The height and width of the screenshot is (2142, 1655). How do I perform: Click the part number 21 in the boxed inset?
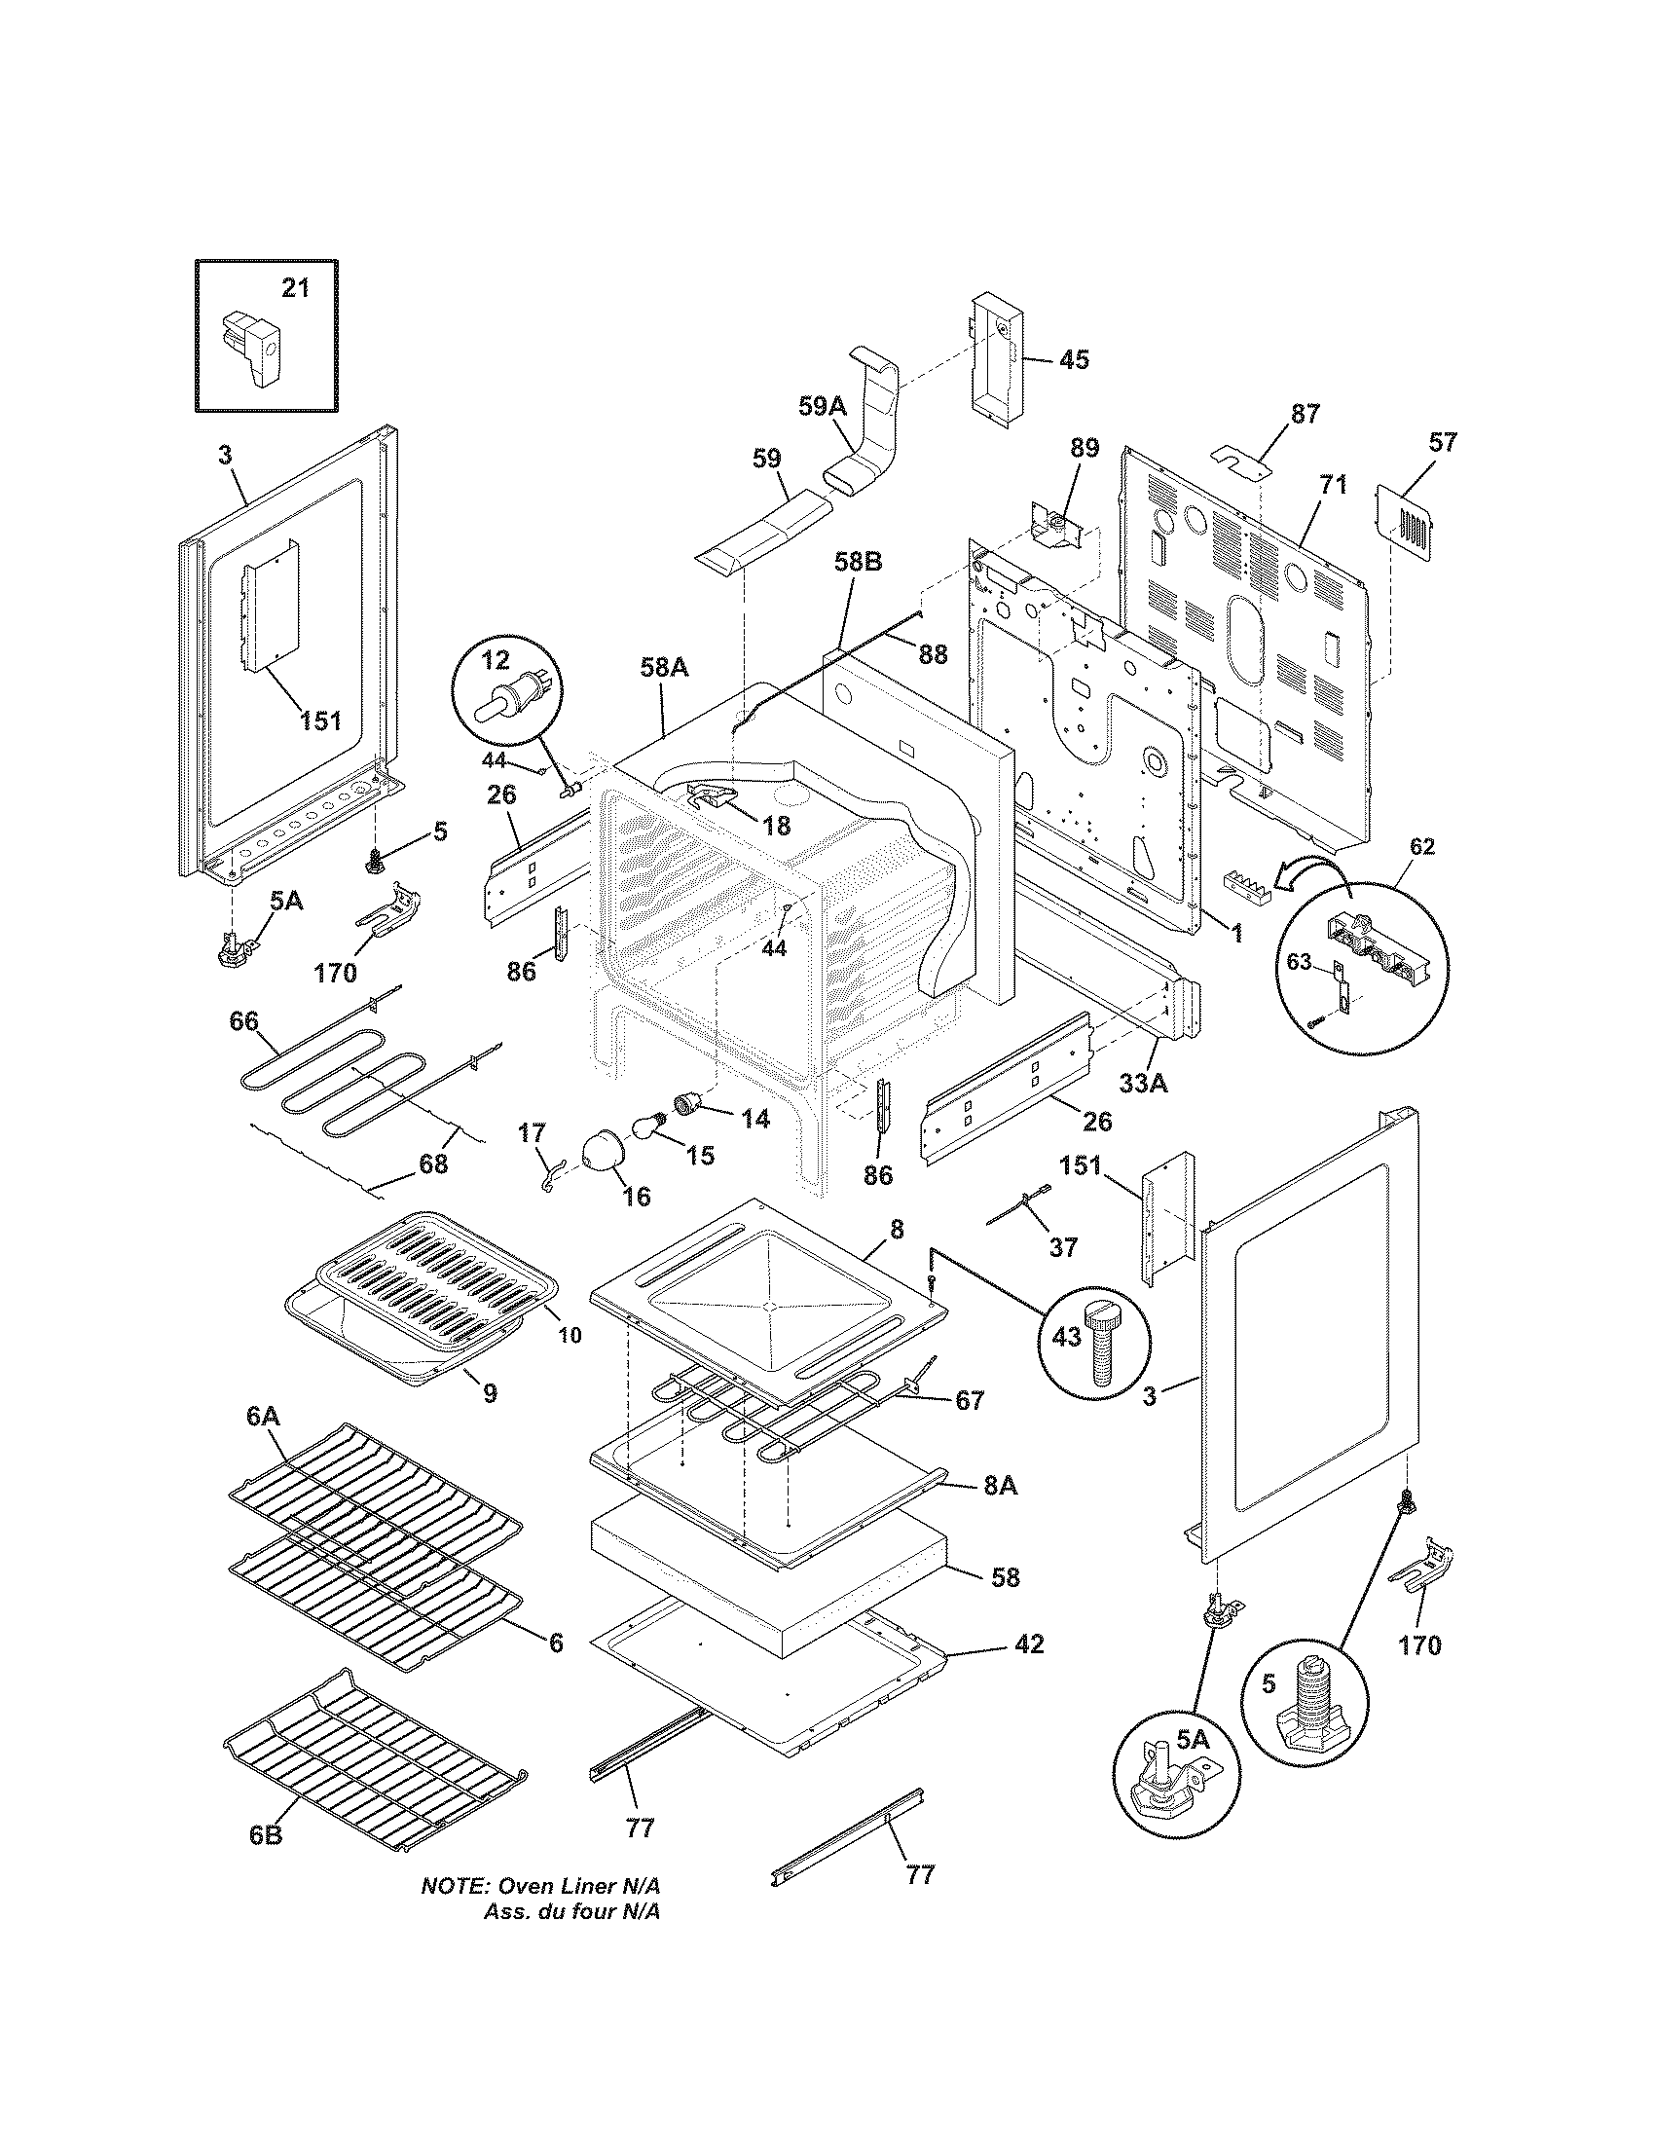coord(295,287)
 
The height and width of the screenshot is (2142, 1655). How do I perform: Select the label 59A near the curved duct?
coord(822,405)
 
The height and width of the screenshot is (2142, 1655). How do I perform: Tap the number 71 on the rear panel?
coord(1333,485)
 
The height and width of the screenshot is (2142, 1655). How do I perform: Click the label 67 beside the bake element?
coord(969,1400)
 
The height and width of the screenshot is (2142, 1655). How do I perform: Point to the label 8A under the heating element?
coord(999,1514)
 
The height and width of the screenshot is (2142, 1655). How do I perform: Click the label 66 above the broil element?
coord(243,1020)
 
